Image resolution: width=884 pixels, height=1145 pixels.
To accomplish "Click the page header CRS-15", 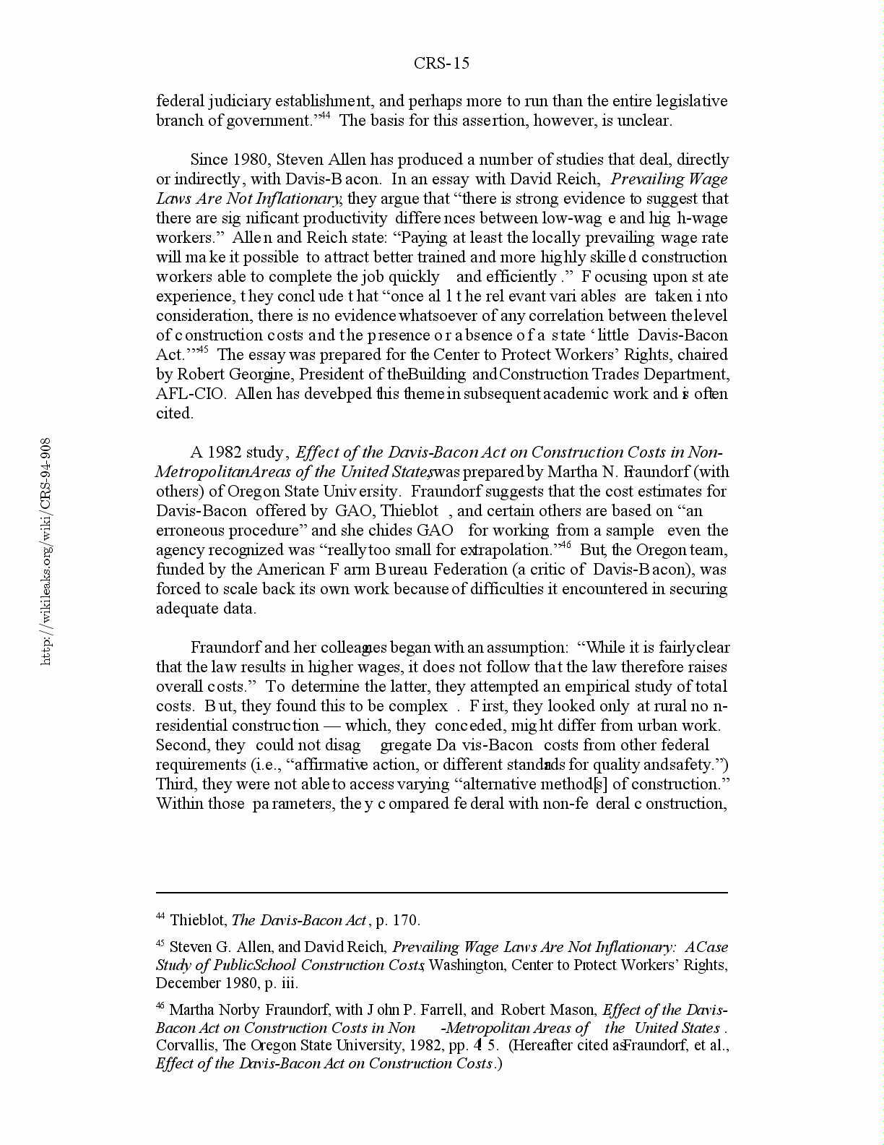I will (x=441, y=64).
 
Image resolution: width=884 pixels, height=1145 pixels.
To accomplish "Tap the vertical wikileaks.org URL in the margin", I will (x=45, y=551).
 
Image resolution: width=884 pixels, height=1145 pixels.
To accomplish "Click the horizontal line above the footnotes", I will (x=441, y=893).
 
